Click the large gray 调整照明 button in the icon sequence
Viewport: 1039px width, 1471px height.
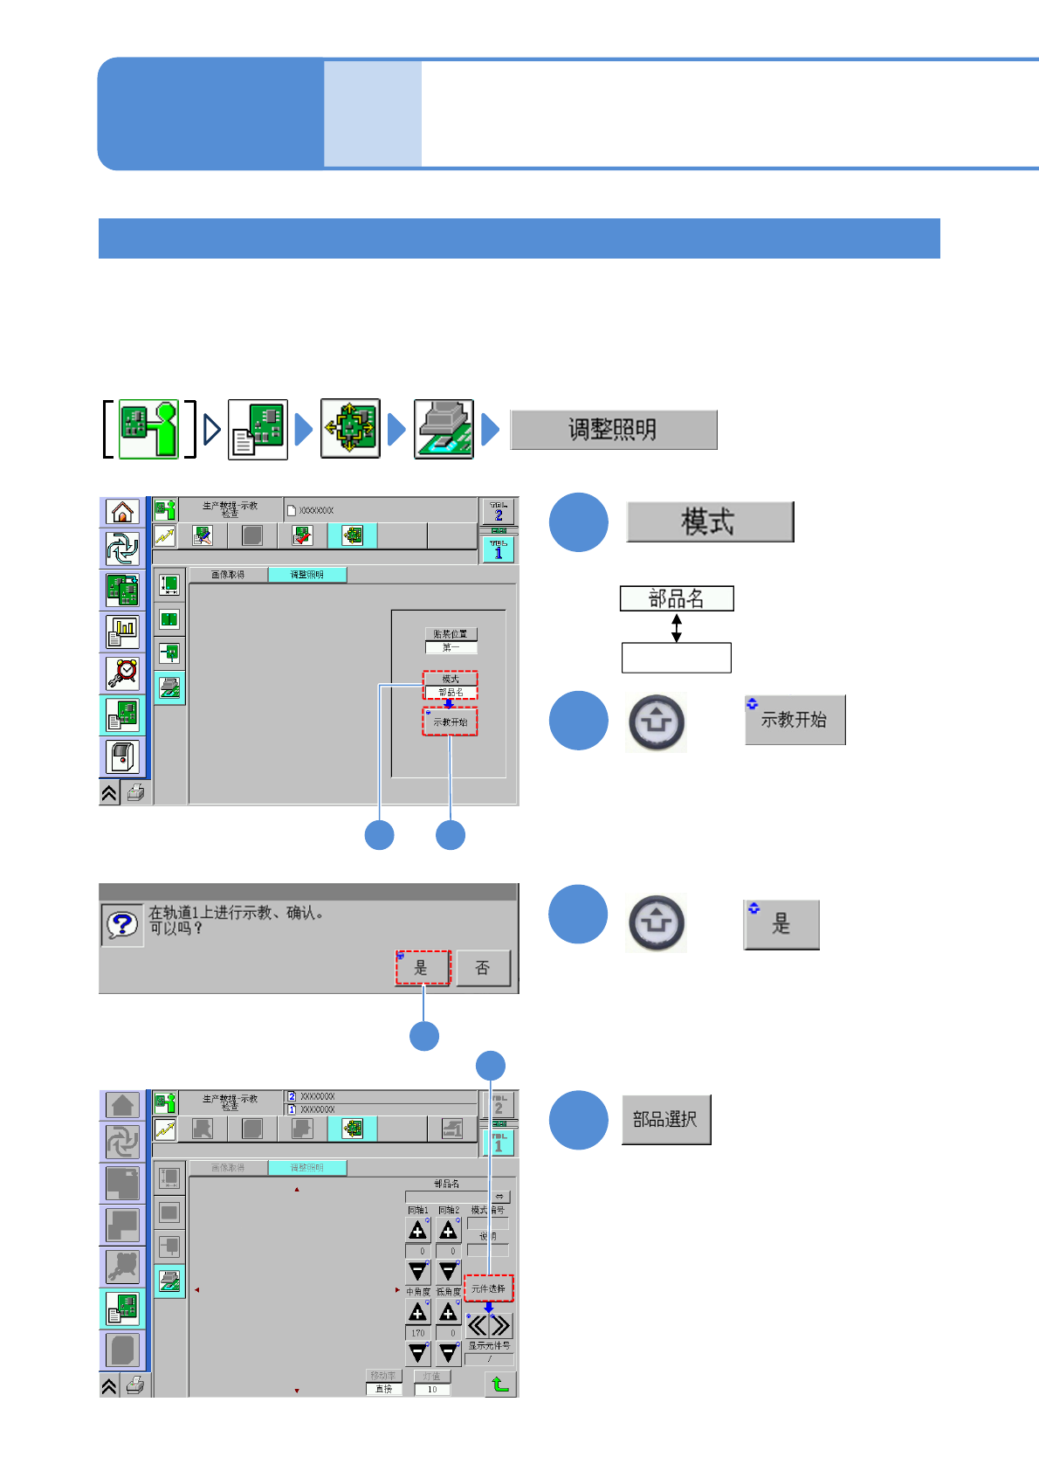pos(613,430)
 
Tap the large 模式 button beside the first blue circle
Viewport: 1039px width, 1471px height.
pos(709,521)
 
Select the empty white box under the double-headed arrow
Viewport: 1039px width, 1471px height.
pos(676,658)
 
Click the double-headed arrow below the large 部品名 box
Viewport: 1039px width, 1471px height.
pos(676,627)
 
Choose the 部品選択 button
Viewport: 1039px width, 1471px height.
pos(665,1119)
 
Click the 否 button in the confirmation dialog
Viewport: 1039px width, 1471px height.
pos(483,968)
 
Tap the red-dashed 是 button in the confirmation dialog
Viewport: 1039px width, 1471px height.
pos(423,968)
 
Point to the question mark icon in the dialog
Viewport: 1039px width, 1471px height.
pos(122,925)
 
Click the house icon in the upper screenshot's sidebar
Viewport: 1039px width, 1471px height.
pos(123,512)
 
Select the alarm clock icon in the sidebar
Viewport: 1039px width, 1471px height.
pos(123,673)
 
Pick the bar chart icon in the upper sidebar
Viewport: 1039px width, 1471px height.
pos(123,631)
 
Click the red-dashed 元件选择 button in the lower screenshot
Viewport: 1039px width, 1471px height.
pos(488,1288)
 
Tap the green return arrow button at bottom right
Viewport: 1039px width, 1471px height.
pos(499,1384)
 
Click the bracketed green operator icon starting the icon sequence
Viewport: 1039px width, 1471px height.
pos(148,429)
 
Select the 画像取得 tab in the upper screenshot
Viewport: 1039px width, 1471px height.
pos(228,575)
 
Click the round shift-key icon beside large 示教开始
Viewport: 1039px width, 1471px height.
pos(656,722)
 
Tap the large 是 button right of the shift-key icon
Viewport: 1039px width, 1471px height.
pos(781,924)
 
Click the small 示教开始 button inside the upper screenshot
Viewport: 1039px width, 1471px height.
pos(451,722)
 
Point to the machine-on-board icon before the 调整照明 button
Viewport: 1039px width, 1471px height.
pos(444,429)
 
